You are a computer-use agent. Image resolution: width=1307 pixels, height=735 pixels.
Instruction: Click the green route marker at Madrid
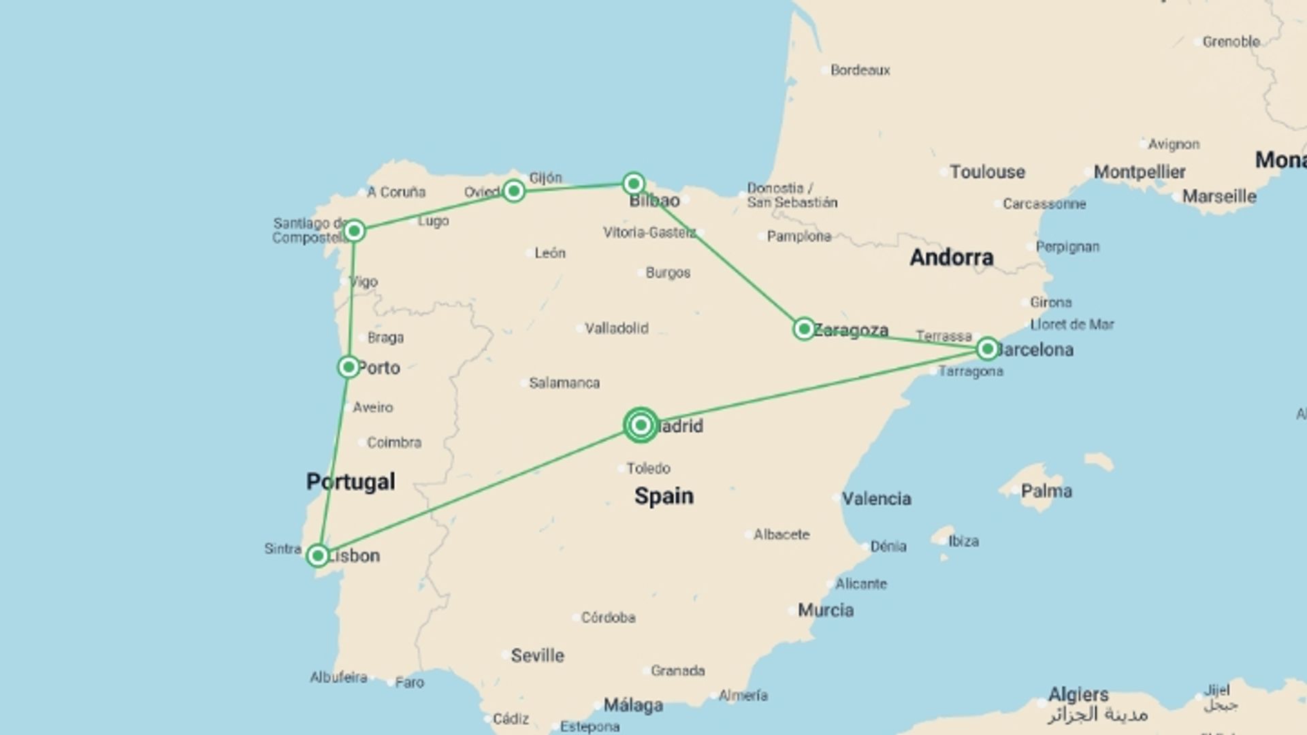641,425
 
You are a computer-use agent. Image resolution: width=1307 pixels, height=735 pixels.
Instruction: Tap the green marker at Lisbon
317,556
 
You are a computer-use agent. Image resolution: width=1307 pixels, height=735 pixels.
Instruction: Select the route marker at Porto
349,367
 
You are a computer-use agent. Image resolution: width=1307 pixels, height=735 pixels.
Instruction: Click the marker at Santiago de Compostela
354,231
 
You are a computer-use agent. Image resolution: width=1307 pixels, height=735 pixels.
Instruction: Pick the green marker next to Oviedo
514,191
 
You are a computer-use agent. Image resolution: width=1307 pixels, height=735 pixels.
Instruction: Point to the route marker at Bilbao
634,184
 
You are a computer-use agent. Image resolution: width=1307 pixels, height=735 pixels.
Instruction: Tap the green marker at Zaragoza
804,329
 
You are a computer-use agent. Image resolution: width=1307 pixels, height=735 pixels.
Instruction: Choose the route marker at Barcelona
987,349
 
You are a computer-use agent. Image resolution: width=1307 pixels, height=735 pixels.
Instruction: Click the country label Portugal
351,482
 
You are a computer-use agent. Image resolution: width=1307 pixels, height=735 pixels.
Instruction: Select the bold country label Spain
664,496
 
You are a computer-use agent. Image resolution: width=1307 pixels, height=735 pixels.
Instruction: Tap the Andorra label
951,257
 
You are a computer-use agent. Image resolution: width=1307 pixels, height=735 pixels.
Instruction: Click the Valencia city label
876,499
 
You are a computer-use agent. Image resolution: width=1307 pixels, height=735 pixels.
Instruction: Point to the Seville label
537,656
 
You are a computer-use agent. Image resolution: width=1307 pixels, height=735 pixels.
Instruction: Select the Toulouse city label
987,172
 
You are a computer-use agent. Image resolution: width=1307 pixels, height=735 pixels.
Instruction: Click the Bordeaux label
860,70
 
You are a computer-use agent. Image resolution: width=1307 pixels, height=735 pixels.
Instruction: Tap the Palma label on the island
1046,491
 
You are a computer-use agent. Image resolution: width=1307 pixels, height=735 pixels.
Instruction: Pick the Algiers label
1078,695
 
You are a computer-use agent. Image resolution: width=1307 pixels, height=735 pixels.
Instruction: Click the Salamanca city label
564,383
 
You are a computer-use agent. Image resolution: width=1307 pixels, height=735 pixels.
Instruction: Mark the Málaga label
633,706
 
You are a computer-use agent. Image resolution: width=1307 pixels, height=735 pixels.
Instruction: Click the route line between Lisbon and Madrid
477,491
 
